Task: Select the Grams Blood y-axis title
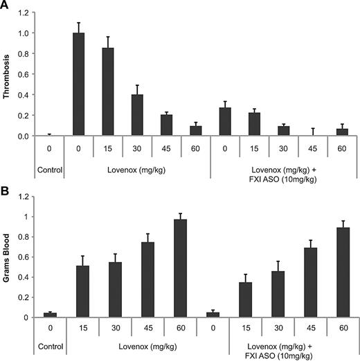click(9, 257)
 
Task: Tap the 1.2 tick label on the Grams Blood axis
click(27, 197)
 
